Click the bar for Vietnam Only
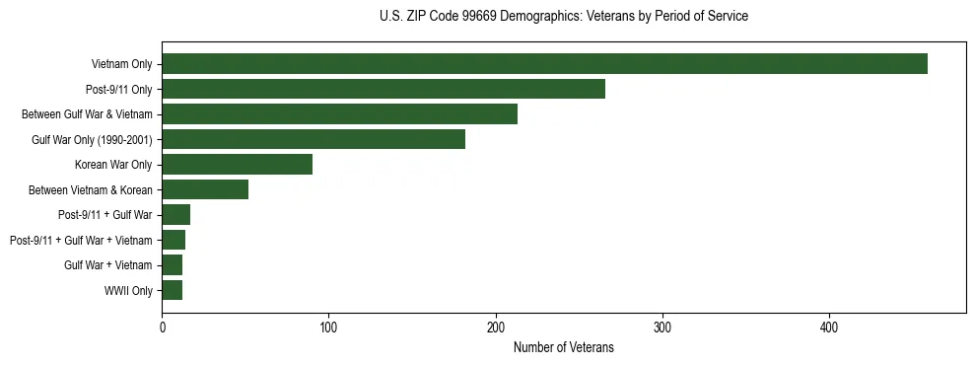[544, 64]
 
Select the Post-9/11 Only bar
[383, 89]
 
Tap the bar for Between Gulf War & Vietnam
[339, 114]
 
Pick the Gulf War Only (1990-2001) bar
[313, 139]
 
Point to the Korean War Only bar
[237, 165]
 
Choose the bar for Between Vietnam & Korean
[205, 189]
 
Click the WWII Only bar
[173, 290]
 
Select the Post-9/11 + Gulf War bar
[176, 215]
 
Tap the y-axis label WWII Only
[128, 290]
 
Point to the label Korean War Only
[113, 165]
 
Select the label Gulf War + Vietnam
[107, 265]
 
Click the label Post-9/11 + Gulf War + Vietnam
[81, 240]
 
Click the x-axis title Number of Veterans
[563, 347]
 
